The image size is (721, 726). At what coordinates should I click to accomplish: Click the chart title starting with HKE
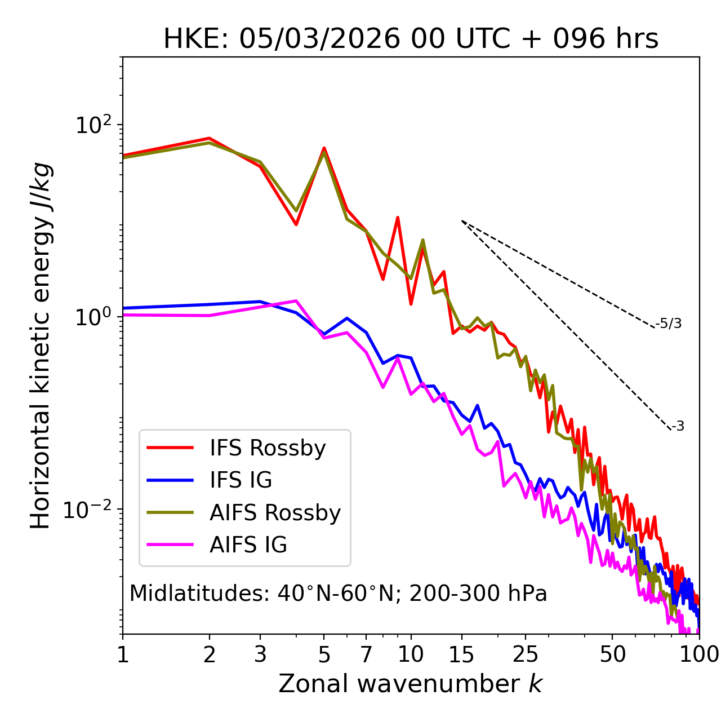[x=411, y=39]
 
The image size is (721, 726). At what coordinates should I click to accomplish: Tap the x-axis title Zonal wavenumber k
[x=411, y=684]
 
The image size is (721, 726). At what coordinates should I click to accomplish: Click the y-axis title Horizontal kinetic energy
[x=41, y=346]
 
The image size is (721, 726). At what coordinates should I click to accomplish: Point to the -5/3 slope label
[x=669, y=324]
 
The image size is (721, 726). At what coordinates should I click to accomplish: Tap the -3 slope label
[x=678, y=426]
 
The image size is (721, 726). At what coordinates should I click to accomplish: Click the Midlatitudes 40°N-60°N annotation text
[x=338, y=594]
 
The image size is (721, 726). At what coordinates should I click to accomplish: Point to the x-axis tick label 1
[x=123, y=654]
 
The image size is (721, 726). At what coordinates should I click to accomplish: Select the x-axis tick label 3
[x=260, y=654]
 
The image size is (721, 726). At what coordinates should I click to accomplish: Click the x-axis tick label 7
[x=366, y=654]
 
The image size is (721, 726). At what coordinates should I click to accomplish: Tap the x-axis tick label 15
[x=461, y=654]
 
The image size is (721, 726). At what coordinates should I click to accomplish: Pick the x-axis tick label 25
[x=526, y=654]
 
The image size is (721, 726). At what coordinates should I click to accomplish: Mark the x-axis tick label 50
[x=612, y=654]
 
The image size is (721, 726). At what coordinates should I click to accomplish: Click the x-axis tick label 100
[x=699, y=654]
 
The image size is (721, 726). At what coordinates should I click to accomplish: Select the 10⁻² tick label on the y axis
[x=90, y=509]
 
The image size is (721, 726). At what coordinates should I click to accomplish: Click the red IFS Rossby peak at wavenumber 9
[x=398, y=218]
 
